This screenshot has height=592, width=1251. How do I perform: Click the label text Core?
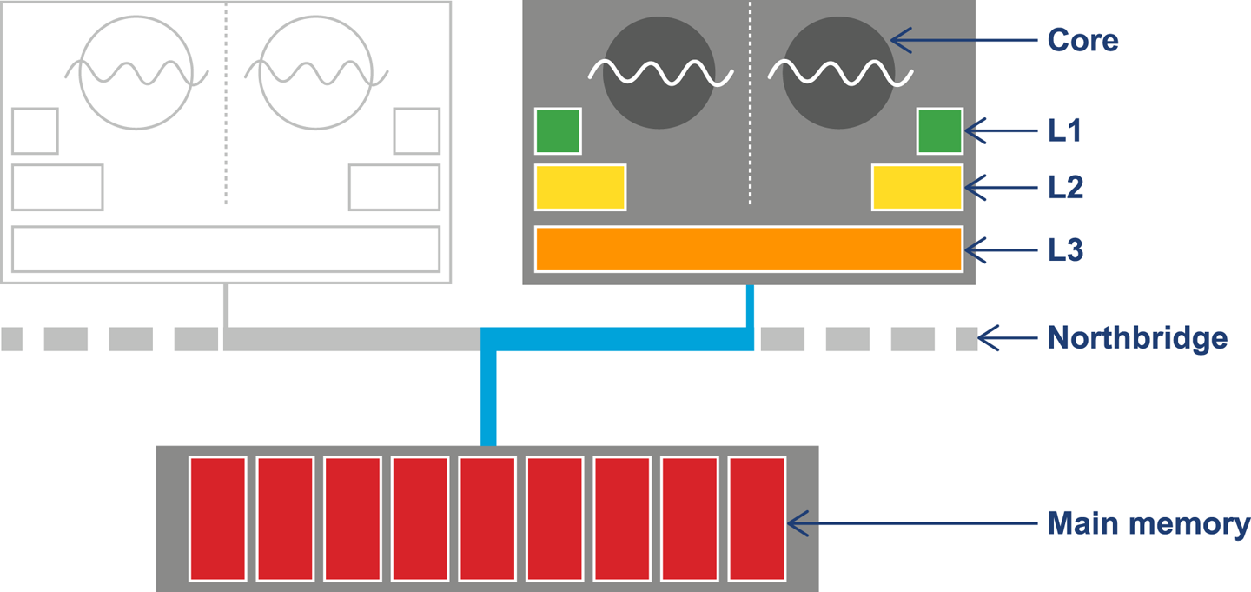point(1082,40)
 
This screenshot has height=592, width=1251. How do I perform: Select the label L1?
point(1064,131)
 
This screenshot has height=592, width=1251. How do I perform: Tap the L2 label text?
point(1065,187)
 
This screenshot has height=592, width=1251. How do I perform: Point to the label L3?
point(1065,250)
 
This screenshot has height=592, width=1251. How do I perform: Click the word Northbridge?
point(1137,337)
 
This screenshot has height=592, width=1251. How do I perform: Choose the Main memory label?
point(1148,524)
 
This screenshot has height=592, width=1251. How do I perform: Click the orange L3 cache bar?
point(748,249)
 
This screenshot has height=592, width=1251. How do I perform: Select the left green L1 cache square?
point(558,131)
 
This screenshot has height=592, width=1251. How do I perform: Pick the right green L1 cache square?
point(939,131)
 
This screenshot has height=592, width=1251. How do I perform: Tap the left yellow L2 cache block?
point(579,187)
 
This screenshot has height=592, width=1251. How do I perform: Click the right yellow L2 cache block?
point(917,187)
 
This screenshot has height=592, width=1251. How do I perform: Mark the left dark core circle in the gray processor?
point(659,74)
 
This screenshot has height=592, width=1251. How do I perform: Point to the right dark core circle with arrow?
point(838,74)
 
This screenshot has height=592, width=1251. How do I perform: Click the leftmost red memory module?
point(217,518)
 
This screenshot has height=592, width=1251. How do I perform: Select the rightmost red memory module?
point(757,518)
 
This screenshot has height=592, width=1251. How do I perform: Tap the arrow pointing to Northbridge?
point(1008,337)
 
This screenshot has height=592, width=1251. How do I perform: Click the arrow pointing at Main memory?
point(912,524)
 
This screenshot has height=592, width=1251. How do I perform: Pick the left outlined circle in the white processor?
point(135,74)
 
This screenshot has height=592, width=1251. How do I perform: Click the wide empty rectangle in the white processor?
point(226,249)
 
